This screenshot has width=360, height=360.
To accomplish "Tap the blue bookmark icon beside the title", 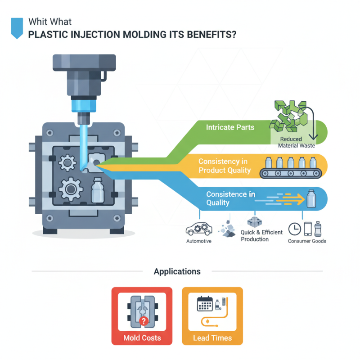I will point(16,27).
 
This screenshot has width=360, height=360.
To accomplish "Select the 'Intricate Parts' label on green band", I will point(230,127).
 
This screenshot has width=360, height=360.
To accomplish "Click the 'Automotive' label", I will point(198,241).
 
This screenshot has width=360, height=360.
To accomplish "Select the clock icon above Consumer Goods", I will point(294,229).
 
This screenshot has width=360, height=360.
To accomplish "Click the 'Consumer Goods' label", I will point(307,241).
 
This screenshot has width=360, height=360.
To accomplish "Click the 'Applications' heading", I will point(177,271).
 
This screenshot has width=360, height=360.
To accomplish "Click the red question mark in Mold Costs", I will point(144,321).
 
